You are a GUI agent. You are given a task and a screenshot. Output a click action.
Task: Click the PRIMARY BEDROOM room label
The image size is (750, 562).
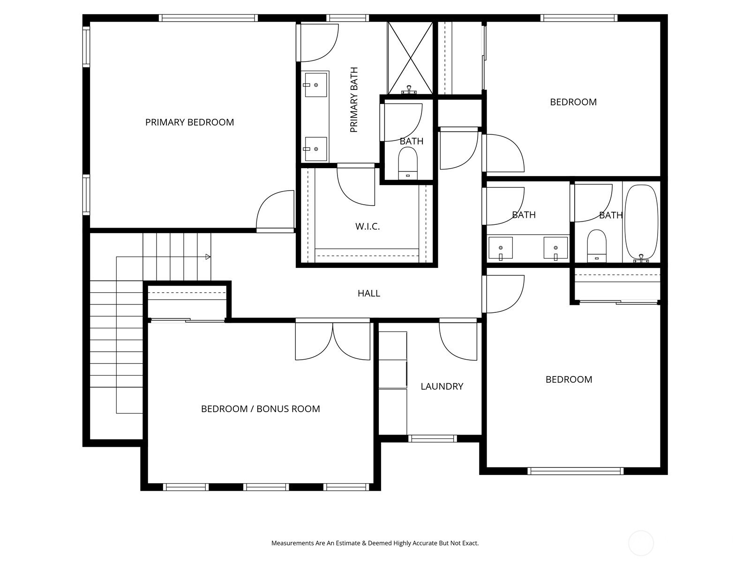(x=190, y=122)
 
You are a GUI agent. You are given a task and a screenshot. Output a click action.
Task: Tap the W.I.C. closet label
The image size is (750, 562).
(x=367, y=227)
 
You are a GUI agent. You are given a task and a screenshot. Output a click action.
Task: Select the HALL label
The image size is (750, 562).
(x=369, y=293)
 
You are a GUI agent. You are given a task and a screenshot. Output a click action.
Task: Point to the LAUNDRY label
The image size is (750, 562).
(x=442, y=386)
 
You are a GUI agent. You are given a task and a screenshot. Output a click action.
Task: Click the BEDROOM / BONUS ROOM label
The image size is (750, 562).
(x=260, y=409)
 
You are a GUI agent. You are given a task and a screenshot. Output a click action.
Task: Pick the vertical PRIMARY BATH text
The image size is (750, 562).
(x=354, y=100)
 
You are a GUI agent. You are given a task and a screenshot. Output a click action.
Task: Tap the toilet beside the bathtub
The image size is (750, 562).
(x=597, y=246)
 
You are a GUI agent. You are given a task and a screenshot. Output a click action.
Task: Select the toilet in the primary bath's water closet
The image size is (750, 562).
(x=408, y=163)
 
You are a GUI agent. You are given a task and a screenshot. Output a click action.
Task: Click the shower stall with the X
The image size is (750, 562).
(x=410, y=58)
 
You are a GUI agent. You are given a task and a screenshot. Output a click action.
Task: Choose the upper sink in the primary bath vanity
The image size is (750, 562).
(x=316, y=85)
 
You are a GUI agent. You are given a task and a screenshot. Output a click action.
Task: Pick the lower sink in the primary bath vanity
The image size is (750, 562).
(x=316, y=149)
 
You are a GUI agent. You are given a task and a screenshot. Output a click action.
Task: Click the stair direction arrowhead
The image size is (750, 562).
(x=208, y=257)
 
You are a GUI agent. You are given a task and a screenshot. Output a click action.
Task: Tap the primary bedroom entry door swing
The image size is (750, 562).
(x=275, y=210)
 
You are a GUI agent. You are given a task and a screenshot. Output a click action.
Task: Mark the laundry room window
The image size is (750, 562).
(x=432, y=438)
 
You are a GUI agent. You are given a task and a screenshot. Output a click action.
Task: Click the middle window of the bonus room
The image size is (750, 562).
(x=266, y=487)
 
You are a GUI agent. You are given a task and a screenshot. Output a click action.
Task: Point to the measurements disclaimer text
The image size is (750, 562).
(x=375, y=543)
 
